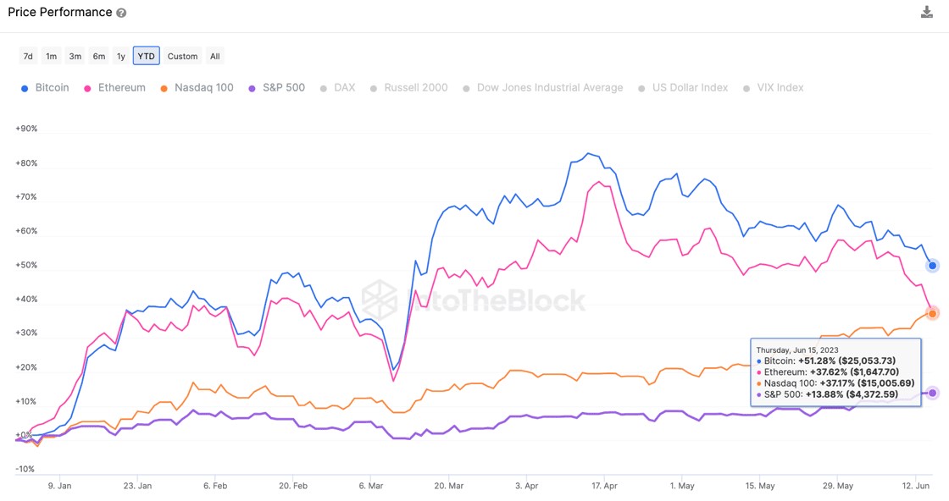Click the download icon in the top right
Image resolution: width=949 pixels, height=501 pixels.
926,12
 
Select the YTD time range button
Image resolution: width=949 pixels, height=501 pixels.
146,56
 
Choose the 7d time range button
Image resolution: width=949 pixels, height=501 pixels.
28,56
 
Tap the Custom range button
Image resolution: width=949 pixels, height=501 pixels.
182,56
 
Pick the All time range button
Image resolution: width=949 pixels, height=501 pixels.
215,56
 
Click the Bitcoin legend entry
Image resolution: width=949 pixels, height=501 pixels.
45,87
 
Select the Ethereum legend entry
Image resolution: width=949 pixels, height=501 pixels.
114,87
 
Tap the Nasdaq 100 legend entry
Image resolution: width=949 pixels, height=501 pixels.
196,87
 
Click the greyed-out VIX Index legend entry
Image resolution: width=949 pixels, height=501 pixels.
773,87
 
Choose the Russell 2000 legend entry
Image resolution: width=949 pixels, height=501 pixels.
408,87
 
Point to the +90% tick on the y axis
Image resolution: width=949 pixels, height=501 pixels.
25,129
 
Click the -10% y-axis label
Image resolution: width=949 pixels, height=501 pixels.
25,469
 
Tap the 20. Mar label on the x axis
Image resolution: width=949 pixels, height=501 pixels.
449,486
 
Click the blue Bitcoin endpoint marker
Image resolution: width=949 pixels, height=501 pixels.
932,265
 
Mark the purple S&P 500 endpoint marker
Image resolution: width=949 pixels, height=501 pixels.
932,393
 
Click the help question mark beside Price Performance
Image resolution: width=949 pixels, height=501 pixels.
121,13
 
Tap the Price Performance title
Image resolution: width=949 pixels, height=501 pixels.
59,12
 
